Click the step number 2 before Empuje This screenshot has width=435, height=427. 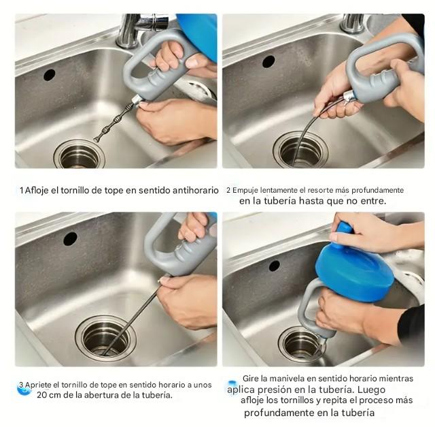[228, 190]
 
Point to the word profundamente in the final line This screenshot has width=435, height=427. [279, 413]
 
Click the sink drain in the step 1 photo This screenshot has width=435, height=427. [79, 155]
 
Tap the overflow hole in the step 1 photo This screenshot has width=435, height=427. [50, 75]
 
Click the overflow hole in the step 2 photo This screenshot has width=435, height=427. [268, 61]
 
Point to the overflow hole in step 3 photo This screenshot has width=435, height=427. [70, 238]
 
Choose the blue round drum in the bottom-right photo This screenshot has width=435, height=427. [364, 266]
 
